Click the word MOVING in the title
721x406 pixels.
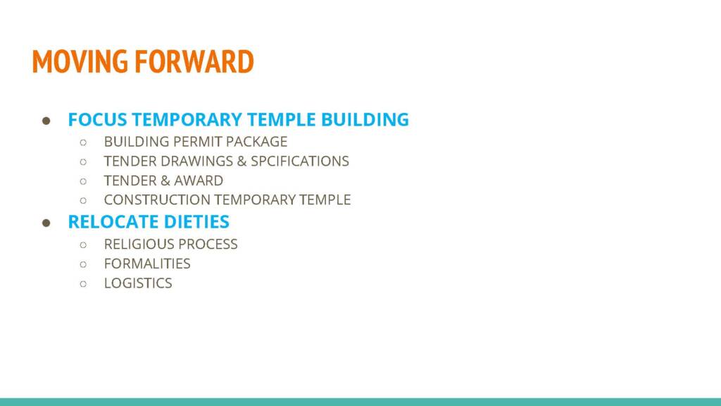click(80, 61)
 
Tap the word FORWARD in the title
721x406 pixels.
click(194, 61)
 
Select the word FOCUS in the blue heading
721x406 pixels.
click(97, 120)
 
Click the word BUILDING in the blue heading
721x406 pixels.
click(365, 120)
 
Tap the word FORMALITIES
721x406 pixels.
click(147, 264)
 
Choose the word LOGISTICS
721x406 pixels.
click(138, 283)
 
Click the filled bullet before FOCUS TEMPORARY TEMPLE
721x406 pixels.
click(46, 121)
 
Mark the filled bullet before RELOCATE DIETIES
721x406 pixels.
click(46, 223)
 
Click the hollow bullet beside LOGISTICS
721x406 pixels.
click(83, 283)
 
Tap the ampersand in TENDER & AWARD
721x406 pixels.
click(165, 180)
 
